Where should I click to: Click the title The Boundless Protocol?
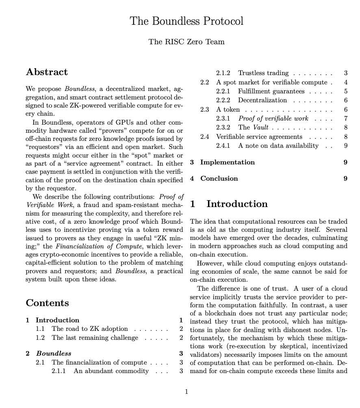click(187, 21)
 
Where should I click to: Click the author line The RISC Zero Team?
click(187, 42)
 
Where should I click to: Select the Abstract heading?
click(47, 72)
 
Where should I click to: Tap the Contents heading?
click(47, 303)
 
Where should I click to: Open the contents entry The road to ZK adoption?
click(89, 329)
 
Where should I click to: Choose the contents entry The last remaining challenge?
click(95, 338)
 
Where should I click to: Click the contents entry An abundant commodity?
click(111, 371)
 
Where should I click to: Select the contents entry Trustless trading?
click(263, 73)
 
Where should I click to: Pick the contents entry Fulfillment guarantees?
click(271, 91)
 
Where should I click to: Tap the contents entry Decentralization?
click(262, 100)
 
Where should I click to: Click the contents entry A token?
click(228, 110)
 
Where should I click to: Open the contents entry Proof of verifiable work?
click(273, 119)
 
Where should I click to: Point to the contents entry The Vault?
click(253, 127)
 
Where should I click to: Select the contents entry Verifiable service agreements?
click(259, 137)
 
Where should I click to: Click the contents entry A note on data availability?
click(278, 146)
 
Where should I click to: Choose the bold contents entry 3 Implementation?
click(227, 162)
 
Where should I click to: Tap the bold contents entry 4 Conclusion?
click(219, 179)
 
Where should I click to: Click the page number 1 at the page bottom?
click(187, 392)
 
